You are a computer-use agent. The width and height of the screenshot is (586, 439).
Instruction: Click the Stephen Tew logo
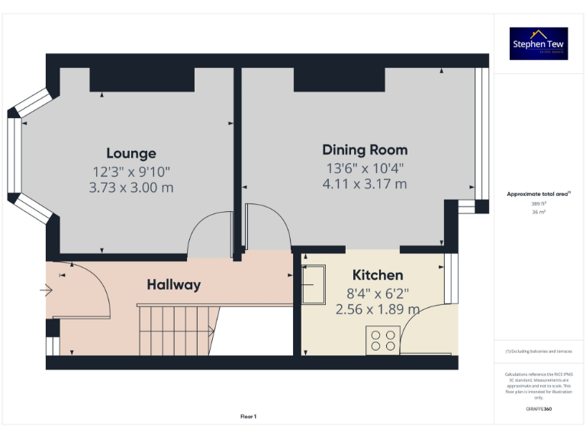(x=539, y=43)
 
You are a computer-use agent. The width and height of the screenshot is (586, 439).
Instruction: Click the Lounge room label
(x=131, y=153)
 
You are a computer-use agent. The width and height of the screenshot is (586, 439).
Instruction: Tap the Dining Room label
(x=365, y=149)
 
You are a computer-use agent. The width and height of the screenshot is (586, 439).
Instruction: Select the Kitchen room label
(x=377, y=274)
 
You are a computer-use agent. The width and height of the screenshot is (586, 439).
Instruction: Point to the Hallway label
(x=174, y=284)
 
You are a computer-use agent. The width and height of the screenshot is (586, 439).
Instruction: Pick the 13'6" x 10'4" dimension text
(x=365, y=168)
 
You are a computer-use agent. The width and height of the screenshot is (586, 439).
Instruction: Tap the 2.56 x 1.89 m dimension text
(x=377, y=309)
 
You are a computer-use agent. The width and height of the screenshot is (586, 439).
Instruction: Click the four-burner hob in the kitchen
(x=382, y=339)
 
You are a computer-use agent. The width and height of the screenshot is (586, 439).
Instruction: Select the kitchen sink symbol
(x=314, y=284)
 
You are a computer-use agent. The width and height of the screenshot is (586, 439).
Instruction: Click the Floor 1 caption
(x=248, y=417)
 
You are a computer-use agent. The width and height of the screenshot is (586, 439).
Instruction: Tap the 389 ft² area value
(x=539, y=203)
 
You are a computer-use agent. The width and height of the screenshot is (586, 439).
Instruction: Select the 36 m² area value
(x=539, y=212)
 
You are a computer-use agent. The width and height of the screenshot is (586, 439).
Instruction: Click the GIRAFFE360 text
(x=539, y=409)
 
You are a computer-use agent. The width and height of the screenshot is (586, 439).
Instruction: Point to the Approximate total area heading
(x=537, y=194)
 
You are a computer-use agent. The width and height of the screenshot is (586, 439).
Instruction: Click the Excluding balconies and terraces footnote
(x=539, y=351)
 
